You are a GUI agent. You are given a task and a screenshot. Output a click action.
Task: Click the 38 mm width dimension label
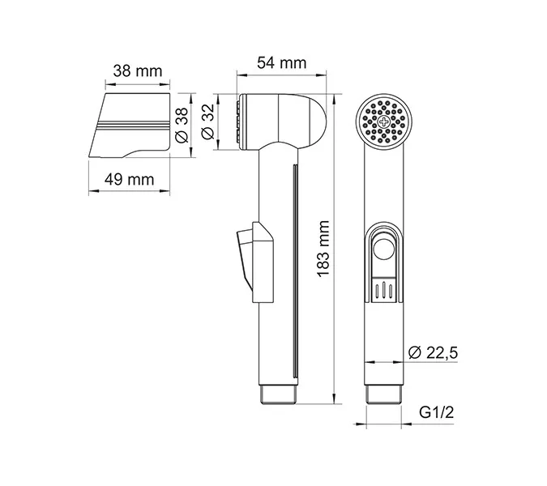(137, 71)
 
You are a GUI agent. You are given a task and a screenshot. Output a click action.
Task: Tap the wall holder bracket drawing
(130, 126)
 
